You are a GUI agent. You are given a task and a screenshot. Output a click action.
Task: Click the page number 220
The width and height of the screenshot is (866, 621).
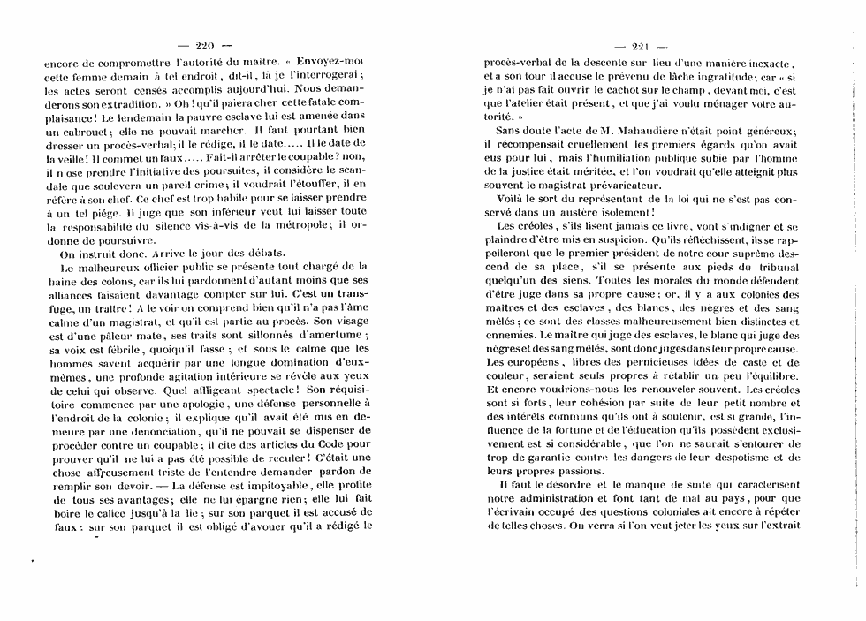click(x=204, y=46)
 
